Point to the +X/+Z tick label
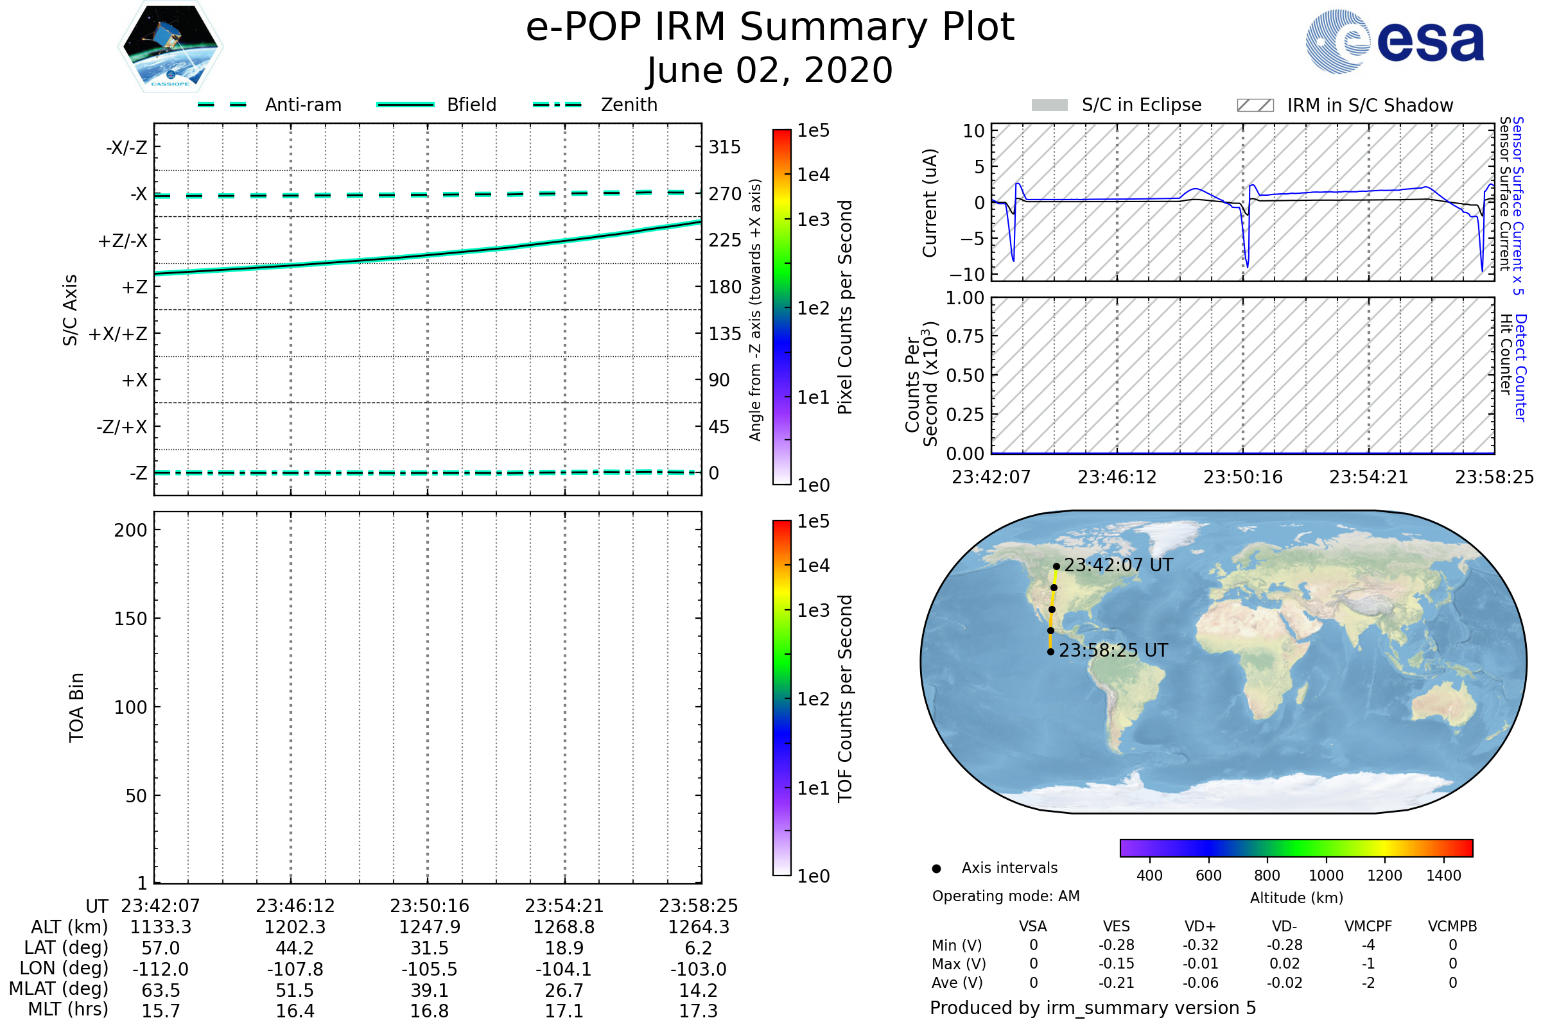(x=118, y=334)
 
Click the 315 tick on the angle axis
(x=724, y=147)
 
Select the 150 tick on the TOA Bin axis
(x=130, y=619)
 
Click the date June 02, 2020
(x=770, y=70)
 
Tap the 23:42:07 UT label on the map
(x=1118, y=565)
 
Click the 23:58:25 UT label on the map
(x=1113, y=650)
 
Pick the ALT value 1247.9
(x=429, y=927)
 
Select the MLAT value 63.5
(x=161, y=990)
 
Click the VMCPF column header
(x=1368, y=926)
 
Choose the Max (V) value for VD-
(x=1284, y=963)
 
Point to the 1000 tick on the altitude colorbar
(x=1325, y=876)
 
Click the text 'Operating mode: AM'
(x=1006, y=896)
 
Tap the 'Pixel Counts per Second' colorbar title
(x=845, y=307)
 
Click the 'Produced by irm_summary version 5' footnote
(x=1092, y=1008)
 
